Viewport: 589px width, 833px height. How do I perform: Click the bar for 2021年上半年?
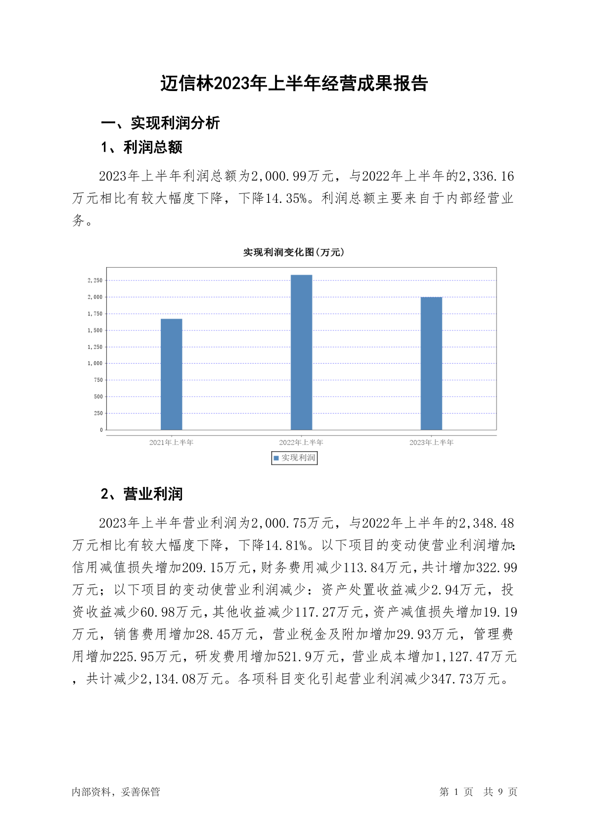tap(171, 374)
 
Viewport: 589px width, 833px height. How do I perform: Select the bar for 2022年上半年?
tap(301, 352)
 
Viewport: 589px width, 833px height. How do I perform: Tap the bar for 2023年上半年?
tap(431, 363)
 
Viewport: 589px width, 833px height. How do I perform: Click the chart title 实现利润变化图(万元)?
tap(293, 252)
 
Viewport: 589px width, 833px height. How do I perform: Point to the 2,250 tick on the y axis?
tap(95, 280)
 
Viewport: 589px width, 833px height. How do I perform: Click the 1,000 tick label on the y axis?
tap(95, 363)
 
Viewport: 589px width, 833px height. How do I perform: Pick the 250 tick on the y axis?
tap(98, 413)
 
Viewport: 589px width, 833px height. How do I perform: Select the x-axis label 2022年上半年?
tap(301, 442)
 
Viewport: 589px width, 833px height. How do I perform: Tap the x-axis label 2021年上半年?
tap(171, 442)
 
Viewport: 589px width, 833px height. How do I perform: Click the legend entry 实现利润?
tap(294, 458)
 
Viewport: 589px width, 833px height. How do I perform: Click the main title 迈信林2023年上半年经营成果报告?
tap(294, 84)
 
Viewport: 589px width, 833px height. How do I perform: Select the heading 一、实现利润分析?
tap(160, 123)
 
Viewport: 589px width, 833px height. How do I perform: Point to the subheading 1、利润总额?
tap(141, 147)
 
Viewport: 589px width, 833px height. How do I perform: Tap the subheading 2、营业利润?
tap(141, 494)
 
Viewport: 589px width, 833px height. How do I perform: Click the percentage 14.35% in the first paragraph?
tap(286, 198)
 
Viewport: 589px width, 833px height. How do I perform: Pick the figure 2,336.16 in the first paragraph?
tap(486, 176)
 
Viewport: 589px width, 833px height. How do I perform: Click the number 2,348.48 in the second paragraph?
tap(486, 523)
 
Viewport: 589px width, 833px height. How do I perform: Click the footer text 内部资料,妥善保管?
tap(116, 792)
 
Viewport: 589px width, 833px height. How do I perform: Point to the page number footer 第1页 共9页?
tap(478, 792)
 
